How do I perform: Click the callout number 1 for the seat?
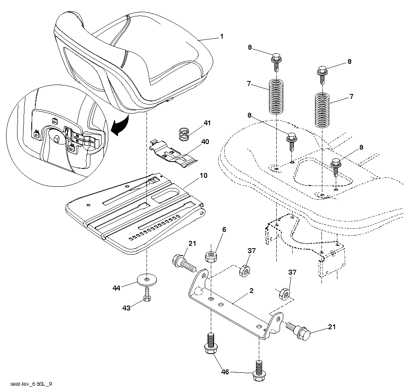coord(221,37)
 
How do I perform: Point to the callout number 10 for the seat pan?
coord(203,176)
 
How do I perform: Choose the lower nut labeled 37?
coord(284,293)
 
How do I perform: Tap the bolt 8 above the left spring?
coord(276,59)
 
